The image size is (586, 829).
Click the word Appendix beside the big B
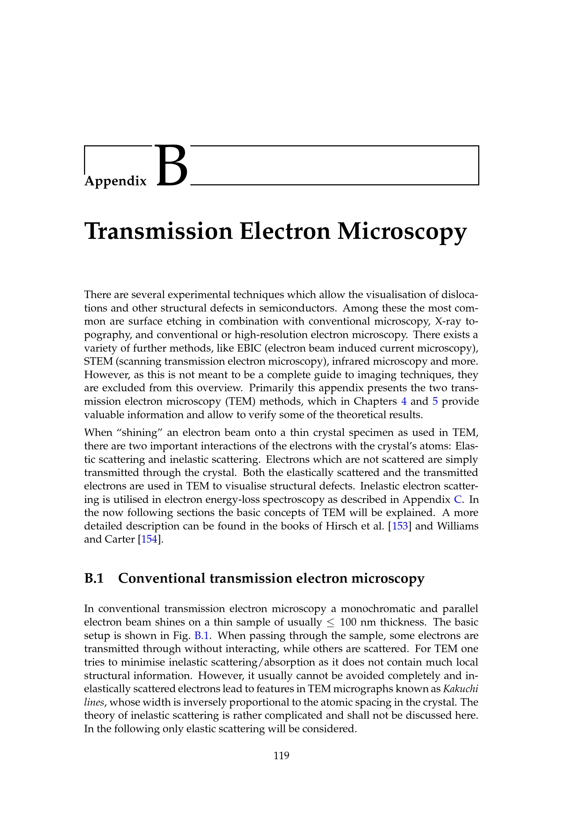point(115,181)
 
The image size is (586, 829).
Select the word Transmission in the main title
point(158,231)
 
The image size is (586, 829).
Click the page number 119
point(281,755)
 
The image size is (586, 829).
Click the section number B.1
point(94,578)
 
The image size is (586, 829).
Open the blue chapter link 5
point(435,401)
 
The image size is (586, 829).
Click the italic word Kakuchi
point(461,689)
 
